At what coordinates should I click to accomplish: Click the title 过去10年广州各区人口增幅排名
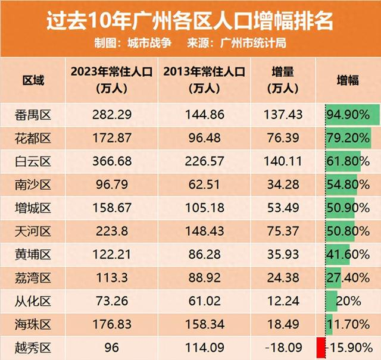tap(190, 21)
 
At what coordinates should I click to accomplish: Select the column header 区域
tap(33, 80)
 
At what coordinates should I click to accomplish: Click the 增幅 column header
tap(348, 80)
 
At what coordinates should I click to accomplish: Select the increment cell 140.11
tap(285, 161)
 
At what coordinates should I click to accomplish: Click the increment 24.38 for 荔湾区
tap(285, 277)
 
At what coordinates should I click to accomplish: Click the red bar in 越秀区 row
tap(320, 347)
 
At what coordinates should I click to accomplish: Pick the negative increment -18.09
tap(285, 347)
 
